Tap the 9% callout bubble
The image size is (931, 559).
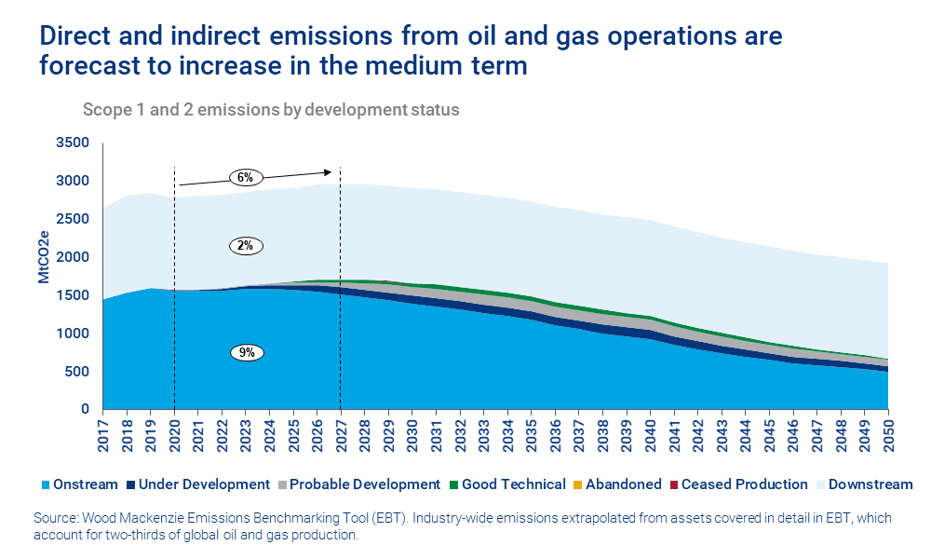(247, 353)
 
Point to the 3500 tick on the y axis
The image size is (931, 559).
(72, 143)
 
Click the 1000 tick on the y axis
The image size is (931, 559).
(72, 334)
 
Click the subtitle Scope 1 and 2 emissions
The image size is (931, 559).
(271, 109)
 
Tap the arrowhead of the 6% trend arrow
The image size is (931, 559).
(328, 171)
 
